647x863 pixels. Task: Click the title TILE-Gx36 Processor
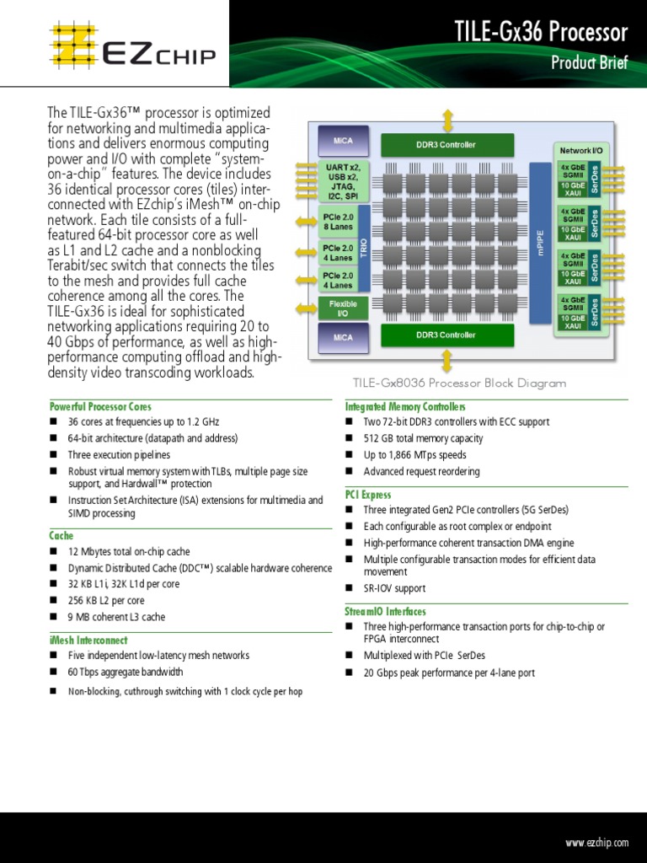point(541,33)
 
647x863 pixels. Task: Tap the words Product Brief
point(589,62)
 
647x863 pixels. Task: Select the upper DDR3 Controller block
point(446,145)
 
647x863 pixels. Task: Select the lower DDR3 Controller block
point(446,335)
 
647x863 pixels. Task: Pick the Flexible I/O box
point(343,308)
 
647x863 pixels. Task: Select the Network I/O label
point(581,150)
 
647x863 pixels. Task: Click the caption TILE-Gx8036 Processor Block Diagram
point(459,383)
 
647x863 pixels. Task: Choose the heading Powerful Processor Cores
point(100,406)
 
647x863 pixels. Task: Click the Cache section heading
point(61,535)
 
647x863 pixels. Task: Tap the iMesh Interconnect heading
point(88,641)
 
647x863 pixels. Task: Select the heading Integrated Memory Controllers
point(405,406)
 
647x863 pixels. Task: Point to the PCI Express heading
point(368,495)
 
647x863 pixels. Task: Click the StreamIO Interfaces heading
point(385,611)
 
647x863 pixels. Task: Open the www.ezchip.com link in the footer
point(597,843)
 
